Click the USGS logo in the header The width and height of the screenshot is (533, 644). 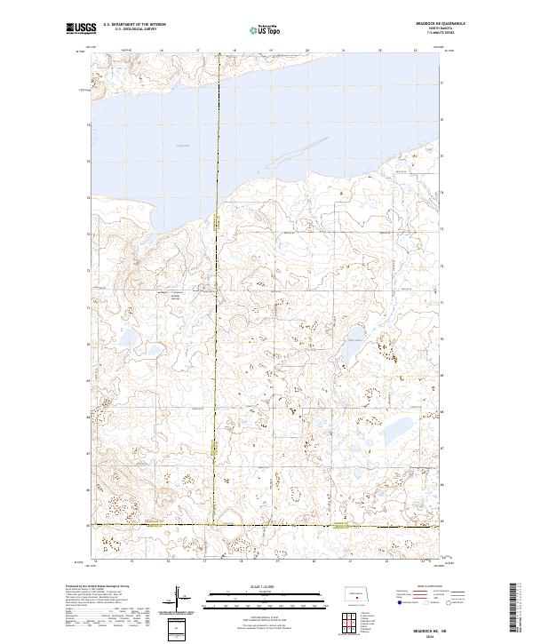click(82, 28)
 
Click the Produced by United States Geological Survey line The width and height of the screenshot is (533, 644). click(98, 587)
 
